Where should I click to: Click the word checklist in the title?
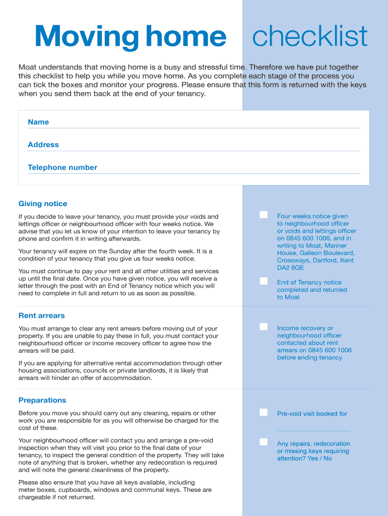(x=309, y=37)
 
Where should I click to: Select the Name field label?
(x=38, y=122)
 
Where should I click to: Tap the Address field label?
(x=43, y=145)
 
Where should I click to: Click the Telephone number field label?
(x=62, y=167)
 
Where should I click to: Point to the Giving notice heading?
(x=43, y=204)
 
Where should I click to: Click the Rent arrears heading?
(x=42, y=315)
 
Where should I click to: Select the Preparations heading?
(x=42, y=400)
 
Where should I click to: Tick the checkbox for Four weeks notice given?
(x=264, y=215)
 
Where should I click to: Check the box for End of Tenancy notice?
(x=264, y=281)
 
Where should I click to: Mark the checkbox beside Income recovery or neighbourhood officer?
(x=264, y=327)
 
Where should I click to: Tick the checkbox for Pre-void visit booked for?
(x=264, y=412)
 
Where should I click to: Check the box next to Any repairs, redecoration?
(x=264, y=442)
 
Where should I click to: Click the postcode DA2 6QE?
(x=291, y=268)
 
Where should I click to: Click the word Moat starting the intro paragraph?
(x=28, y=67)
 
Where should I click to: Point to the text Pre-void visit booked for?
(x=312, y=414)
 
